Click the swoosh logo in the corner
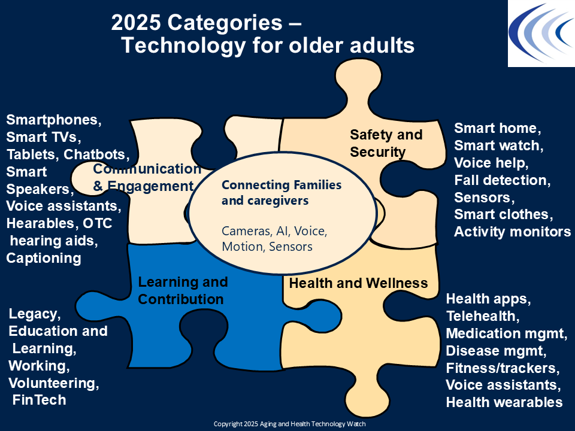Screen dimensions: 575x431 pyautogui.click(x=541, y=34)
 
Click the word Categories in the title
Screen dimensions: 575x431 pyautogui.click(x=225, y=23)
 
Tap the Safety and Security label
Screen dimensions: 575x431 pyautogui.click(x=386, y=143)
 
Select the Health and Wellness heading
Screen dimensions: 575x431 pyautogui.click(x=358, y=283)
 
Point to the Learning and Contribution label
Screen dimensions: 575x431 pyautogui.click(x=183, y=290)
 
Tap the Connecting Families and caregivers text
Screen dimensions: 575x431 pyautogui.click(x=282, y=193)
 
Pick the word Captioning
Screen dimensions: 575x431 pyautogui.click(x=44, y=258)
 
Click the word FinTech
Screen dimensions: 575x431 pyautogui.click(x=40, y=400)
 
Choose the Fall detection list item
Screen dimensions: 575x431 pyautogui.click(x=502, y=180)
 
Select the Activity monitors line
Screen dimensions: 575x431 pyautogui.click(x=513, y=232)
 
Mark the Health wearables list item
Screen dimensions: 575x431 pyautogui.click(x=504, y=402)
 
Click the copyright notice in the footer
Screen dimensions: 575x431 pyautogui.click(x=290, y=424)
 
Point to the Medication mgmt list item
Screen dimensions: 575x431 pyautogui.click(x=507, y=333)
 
